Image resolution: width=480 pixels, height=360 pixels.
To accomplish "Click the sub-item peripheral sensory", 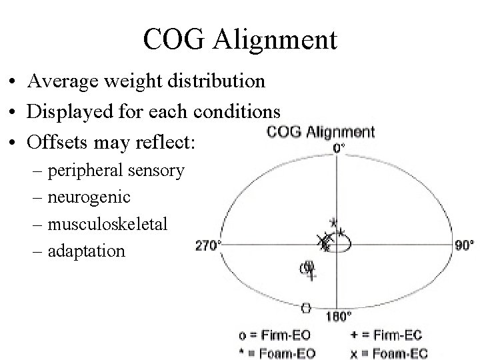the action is click(116, 171).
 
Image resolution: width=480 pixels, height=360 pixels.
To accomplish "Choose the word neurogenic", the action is click(89, 197).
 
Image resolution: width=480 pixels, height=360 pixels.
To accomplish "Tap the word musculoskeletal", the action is click(107, 224).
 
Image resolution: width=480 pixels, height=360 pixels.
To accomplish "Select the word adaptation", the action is click(86, 251).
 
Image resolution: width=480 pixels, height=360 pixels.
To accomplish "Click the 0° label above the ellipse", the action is click(339, 148).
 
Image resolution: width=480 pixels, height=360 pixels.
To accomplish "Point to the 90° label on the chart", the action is click(464, 245).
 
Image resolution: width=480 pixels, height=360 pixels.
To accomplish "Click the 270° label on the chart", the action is click(208, 245).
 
